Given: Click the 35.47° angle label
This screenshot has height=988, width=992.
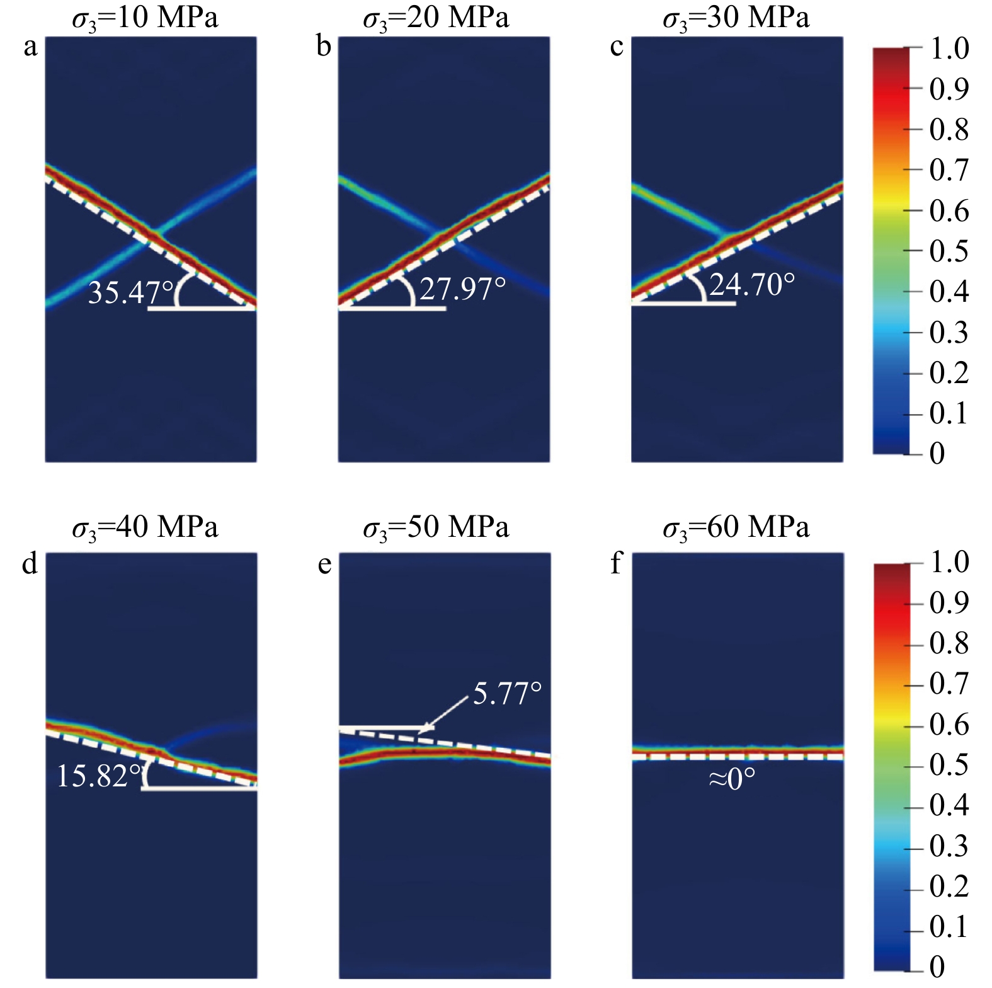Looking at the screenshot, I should point(130,293).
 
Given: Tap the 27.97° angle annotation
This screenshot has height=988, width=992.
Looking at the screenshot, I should point(463,289).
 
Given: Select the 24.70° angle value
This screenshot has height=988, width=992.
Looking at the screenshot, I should point(752,285).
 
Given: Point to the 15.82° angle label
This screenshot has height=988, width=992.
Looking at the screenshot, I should point(99,776).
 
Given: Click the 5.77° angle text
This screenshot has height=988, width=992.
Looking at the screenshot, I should point(507,694).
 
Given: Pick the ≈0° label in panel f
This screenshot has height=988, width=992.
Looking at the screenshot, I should point(732,780).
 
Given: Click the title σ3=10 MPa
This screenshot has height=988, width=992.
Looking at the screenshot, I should point(145,18).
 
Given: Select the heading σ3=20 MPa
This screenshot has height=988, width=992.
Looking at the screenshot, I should point(436,18).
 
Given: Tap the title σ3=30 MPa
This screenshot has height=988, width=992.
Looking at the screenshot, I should point(736,18).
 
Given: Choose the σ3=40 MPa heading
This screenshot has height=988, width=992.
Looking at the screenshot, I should point(145,527).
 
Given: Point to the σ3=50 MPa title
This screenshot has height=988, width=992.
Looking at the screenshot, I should point(436,527).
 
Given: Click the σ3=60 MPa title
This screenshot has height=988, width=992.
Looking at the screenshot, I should point(736,527).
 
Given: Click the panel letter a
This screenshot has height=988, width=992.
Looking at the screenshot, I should point(30,47).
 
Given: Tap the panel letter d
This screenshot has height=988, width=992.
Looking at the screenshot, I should point(30,563).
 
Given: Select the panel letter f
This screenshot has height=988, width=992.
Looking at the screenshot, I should point(616,563).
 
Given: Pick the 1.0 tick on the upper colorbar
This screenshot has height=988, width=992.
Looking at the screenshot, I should point(949,49).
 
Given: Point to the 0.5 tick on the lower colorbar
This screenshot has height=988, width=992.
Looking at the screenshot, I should point(949,764).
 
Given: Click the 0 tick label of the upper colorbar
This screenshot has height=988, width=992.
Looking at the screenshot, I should point(937,453).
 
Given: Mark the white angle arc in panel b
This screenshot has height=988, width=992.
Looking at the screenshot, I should point(409,291).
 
